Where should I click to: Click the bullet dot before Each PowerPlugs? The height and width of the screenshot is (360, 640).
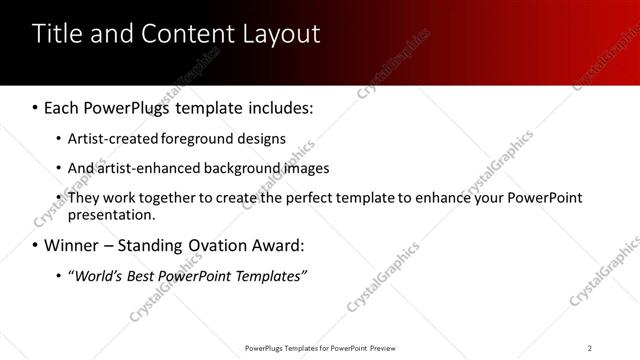[x=36, y=106]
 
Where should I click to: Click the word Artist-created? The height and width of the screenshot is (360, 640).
[x=110, y=139]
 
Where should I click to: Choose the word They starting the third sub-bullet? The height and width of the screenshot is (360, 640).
[x=84, y=198]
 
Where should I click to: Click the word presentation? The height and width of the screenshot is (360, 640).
[x=111, y=214]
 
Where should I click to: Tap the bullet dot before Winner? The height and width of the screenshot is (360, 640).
[x=36, y=245]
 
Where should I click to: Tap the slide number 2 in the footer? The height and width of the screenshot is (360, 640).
[x=590, y=348]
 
